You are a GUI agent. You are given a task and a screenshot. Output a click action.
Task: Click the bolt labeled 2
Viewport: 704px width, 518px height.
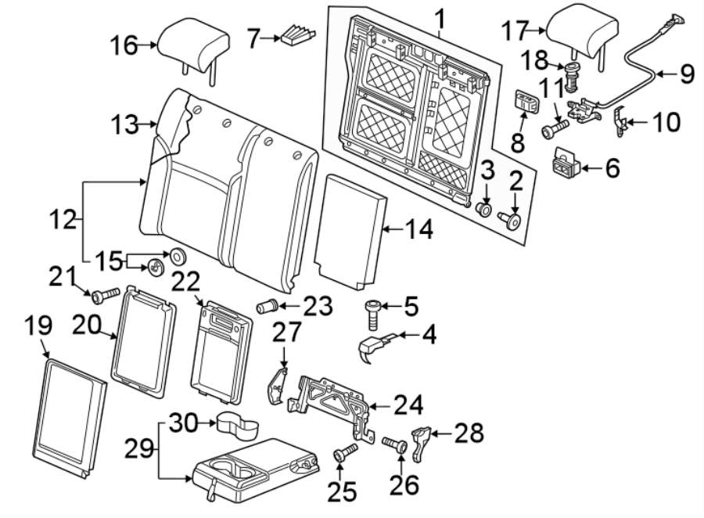coord(513,221)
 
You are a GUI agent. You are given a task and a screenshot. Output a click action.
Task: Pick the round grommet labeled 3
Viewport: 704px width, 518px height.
coord(484,210)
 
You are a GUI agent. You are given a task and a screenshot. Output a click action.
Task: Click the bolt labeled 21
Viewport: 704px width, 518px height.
coord(105,296)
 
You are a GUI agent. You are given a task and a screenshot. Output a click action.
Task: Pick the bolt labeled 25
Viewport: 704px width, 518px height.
coord(344,453)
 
